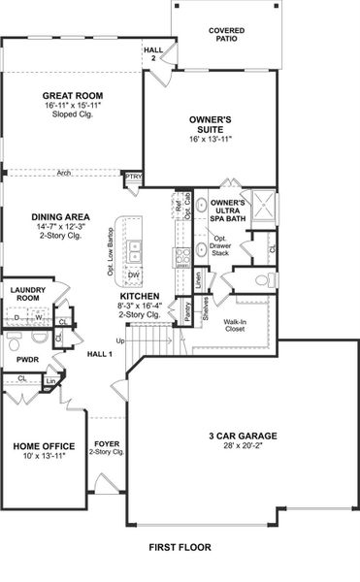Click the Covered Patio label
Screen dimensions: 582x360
[x=226, y=36]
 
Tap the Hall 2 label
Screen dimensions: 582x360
[x=153, y=53]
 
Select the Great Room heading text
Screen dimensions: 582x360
[x=66, y=95]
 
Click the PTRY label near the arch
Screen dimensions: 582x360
[x=133, y=177]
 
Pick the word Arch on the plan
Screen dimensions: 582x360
[x=63, y=174]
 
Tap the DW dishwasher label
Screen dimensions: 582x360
[x=134, y=275]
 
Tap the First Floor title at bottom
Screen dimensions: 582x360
[x=180, y=548]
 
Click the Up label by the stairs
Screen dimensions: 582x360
[x=120, y=340]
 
